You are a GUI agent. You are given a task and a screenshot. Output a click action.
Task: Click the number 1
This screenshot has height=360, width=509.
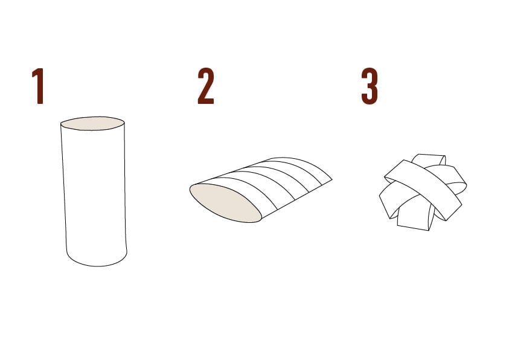38,86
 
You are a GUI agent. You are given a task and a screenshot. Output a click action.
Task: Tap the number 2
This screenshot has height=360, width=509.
206,86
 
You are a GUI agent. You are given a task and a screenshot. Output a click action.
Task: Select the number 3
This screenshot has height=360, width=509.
370,86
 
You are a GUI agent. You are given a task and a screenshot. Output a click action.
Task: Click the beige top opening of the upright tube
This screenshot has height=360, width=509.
92,123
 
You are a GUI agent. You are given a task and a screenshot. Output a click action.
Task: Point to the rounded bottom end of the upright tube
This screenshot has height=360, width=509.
97,262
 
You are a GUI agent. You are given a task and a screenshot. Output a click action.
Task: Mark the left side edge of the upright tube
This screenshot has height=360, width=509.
63,187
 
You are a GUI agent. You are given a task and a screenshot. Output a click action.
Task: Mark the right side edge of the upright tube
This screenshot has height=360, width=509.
126,187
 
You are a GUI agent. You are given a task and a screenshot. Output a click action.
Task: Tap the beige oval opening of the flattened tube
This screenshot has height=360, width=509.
225,203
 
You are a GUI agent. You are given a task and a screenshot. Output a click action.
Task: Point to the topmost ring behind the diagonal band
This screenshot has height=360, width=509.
428,159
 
